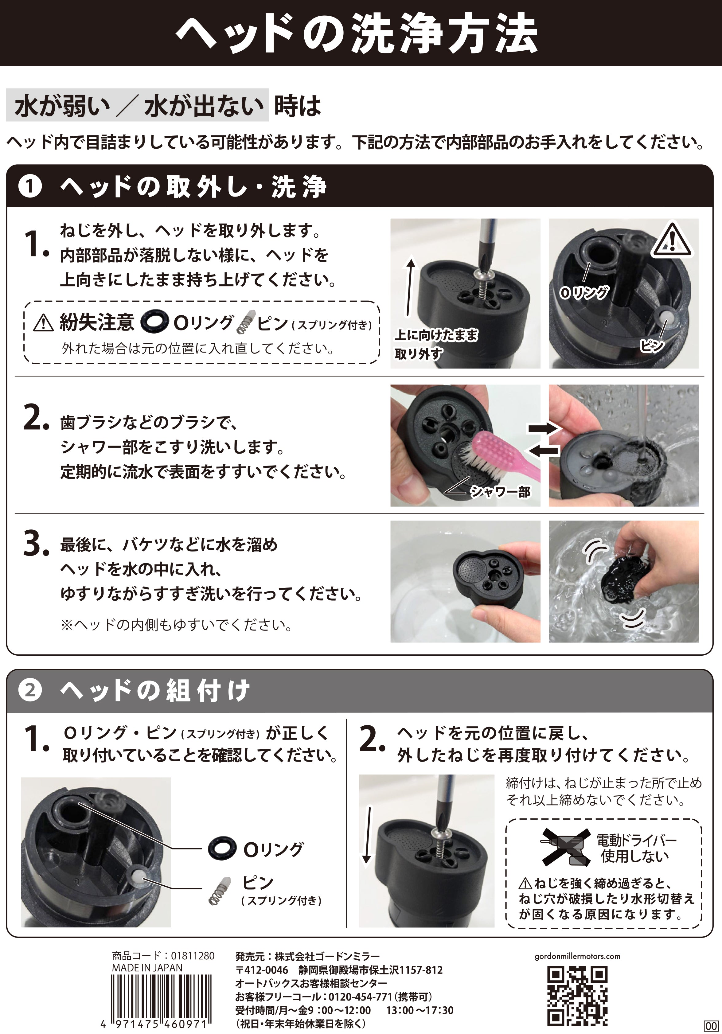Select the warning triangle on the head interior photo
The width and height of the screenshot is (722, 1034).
(x=671, y=239)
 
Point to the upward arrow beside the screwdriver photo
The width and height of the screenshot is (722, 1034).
(x=410, y=286)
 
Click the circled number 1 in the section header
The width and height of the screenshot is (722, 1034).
(x=30, y=186)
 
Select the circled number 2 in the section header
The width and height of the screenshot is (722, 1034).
(x=30, y=690)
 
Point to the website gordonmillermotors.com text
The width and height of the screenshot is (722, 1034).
(x=577, y=956)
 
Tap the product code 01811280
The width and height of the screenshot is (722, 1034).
(x=193, y=956)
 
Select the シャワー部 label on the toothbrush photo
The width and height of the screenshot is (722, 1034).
(x=500, y=492)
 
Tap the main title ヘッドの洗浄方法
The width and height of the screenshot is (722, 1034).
(x=356, y=34)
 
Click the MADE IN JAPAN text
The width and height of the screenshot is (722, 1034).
(x=147, y=967)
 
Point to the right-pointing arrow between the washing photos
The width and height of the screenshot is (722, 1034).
(x=544, y=428)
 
